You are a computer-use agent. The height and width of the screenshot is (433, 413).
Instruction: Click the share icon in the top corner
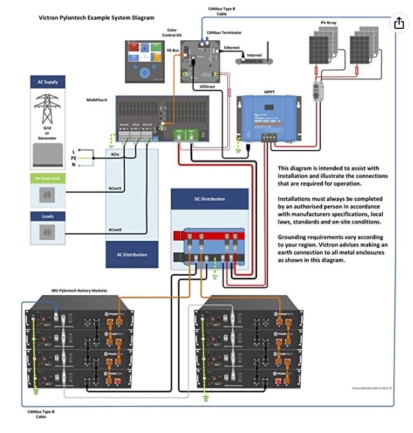click(x=399, y=23)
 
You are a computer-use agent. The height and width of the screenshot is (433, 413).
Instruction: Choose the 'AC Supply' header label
click(x=48, y=81)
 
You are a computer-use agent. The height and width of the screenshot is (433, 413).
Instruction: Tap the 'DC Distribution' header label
click(x=209, y=199)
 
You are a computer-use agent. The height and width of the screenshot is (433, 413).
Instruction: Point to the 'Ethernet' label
click(x=232, y=46)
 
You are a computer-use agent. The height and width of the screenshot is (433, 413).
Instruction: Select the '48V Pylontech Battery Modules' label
click(x=79, y=290)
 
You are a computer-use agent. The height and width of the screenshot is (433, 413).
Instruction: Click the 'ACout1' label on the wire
click(x=115, y=188)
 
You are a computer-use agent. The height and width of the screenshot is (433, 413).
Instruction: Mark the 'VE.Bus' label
click(x=173, y=51)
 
